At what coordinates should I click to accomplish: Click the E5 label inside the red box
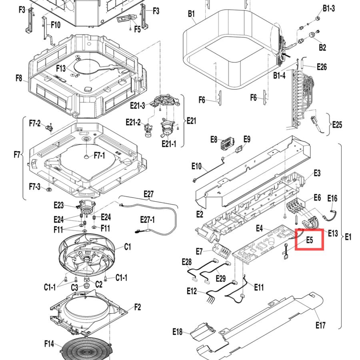point(310,240)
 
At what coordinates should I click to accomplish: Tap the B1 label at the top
point(191,14)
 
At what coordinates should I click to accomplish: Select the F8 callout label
point(19,78)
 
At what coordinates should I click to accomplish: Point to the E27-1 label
point(147,220)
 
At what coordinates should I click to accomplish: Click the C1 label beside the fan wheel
point(128,247)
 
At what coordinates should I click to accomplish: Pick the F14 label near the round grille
point(49,344)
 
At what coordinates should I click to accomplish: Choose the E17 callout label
point(320,325)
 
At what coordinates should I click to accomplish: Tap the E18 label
point(178,332)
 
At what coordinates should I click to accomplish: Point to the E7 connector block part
point(221,251)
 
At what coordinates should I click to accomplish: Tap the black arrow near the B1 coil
point(286,55)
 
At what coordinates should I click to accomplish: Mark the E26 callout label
point(322,67)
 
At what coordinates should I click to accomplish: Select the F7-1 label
point(100,156)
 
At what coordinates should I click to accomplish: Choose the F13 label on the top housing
point(61,68)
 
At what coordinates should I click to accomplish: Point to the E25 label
point(337,125)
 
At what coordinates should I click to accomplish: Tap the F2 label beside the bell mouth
point(137,307)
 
